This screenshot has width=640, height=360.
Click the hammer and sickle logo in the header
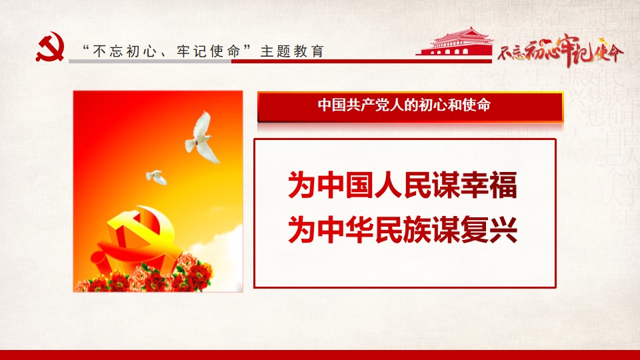[50, 47]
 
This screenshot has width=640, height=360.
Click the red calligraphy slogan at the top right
[561, 51]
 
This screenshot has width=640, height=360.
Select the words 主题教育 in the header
[292, 51]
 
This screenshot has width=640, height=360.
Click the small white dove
[156, 177]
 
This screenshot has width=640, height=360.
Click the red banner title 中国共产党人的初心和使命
[404, 105]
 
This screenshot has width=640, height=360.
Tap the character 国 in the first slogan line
[359, 185]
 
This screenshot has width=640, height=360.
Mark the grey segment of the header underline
[150, 61]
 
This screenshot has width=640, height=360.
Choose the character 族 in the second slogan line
[417, 230]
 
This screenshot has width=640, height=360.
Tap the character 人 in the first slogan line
[388, 185]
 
